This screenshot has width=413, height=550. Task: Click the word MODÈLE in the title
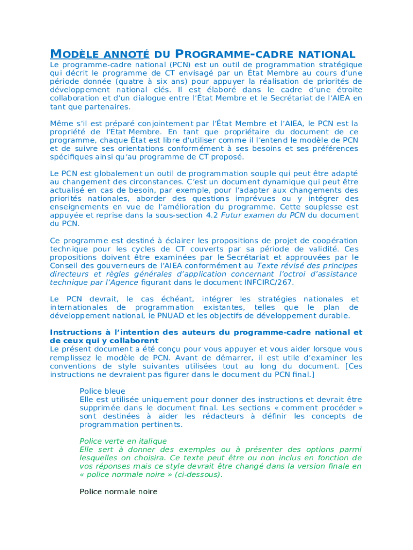coord(74,54)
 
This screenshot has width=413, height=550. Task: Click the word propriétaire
coord(246,132)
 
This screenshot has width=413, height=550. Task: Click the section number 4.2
coord(212,215)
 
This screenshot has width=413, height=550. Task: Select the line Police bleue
coord(102,392)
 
